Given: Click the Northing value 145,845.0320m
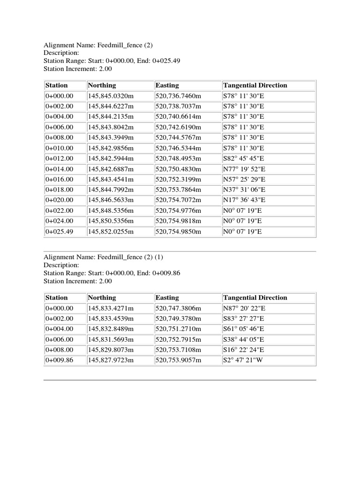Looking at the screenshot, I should click(111, 96).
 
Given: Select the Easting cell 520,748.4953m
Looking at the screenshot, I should click(178, 158).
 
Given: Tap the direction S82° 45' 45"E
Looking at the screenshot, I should click(244, 158).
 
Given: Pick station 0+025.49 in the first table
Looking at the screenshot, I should click(60, 232).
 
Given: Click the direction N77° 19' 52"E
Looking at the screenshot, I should click(244, 169).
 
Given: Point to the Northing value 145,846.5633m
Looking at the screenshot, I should click(111, 200).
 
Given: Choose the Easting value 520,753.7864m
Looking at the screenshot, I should click(178, 189).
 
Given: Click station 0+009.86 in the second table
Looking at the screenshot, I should click(60, 360).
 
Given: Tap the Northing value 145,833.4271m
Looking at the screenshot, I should click(111, 308).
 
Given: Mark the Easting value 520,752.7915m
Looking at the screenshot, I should click(178, 339).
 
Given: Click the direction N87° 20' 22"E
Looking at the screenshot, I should click(244, 308).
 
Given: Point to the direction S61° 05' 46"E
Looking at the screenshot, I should click(244, 329).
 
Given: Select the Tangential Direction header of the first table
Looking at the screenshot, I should click(255, 85).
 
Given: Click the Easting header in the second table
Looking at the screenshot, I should click(167, 298).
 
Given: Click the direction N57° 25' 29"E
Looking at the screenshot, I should click(244, 179).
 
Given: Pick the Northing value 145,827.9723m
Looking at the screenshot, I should click(111, 360).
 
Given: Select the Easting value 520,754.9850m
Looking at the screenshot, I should click(178, 232).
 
